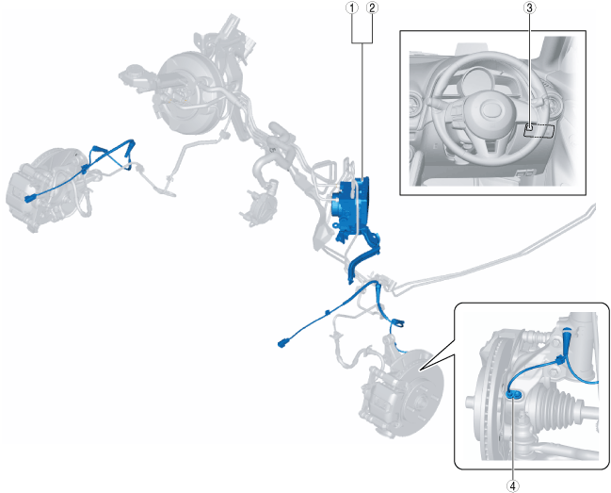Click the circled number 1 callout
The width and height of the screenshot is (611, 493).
[353, 8]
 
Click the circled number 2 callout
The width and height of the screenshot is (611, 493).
[372, 8]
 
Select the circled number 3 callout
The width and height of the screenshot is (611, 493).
[529, 8]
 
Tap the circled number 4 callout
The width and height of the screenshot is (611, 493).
[513, 486]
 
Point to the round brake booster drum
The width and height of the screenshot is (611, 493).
[189, 93]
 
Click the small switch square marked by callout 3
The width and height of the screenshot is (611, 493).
[529, 127]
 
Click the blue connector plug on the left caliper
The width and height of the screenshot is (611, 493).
[30, 199]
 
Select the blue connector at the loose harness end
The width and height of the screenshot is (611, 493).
[282, 344]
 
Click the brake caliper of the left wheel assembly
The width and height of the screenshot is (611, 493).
[24, 195]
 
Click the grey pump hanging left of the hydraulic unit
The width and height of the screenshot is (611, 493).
[261, 206]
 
